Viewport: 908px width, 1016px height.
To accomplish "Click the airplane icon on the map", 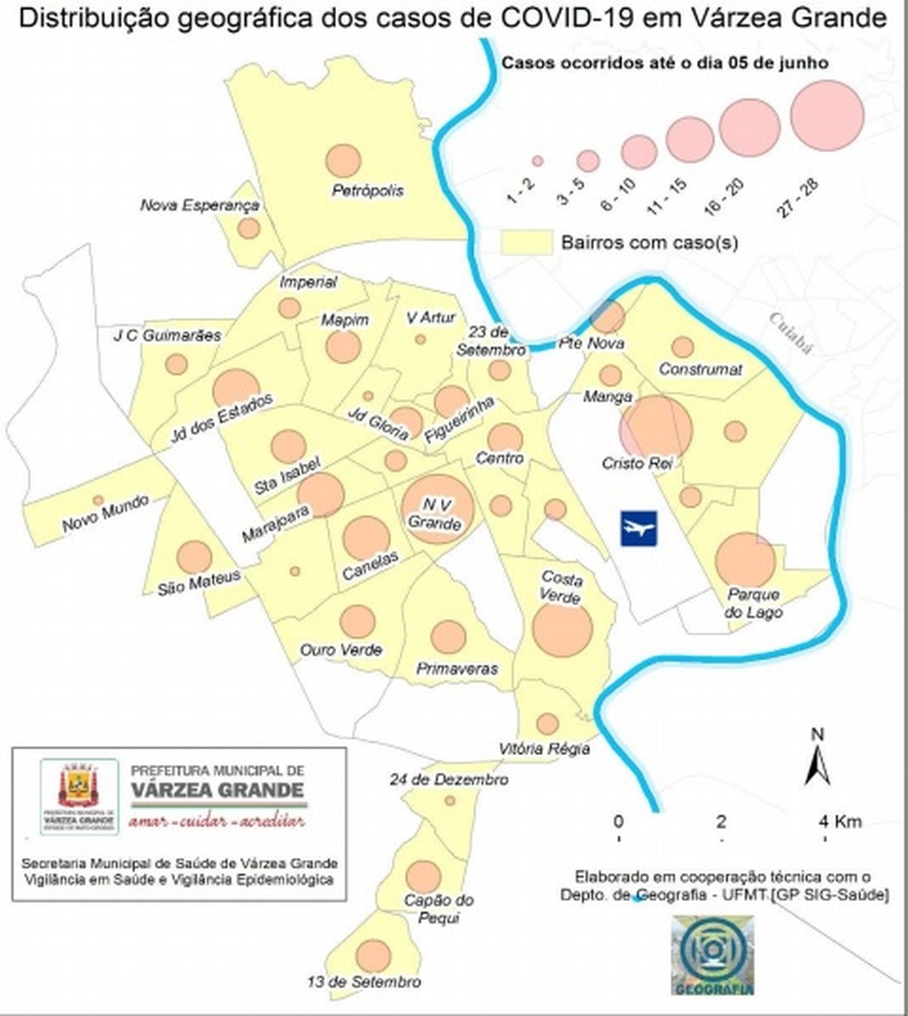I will click(639, 528).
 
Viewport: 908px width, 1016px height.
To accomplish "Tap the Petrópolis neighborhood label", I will click(368, 191).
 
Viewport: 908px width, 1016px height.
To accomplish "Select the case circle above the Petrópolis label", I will click(343, 160).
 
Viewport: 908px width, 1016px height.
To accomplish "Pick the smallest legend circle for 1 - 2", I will click(538, 161).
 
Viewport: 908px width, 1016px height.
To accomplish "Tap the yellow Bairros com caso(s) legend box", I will click(527, 242).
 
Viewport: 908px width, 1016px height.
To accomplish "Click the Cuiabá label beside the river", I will click(790, 334).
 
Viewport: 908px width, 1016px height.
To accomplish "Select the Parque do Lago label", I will click(753, 604).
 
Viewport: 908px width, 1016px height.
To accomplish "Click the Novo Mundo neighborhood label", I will click(105, 514).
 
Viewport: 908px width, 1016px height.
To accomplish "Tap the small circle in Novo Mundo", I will click(98, 500).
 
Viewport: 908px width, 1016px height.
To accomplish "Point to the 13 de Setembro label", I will click(364, 982).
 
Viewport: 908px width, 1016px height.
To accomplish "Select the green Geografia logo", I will click(712, 953).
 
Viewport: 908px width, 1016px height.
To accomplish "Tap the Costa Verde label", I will click(561, 588).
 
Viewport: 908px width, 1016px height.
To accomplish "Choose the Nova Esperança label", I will click(200, 205).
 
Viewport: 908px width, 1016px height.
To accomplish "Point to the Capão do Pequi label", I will click(438, 909).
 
